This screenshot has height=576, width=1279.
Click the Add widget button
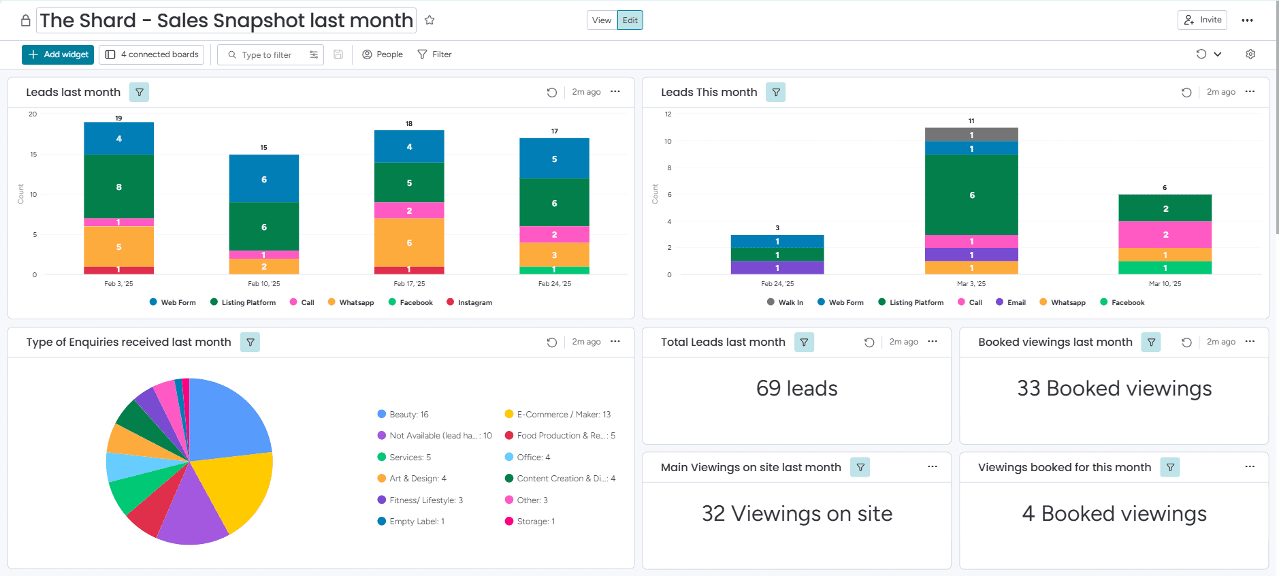(58, 54)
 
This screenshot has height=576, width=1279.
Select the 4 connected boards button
(152, 54)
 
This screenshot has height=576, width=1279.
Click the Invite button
(1202, 20)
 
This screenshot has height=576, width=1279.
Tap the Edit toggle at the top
(630, 20)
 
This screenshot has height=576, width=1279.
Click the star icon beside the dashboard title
(430, 20)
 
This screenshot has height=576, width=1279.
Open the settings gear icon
(1250, 54)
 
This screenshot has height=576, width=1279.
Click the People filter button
(383, 54)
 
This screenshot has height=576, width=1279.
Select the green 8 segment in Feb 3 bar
(119, 187)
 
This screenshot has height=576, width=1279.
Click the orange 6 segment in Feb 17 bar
(409, 242)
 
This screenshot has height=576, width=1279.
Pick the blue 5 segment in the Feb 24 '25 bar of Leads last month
(554, 159)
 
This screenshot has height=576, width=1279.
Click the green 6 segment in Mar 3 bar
(971, 195)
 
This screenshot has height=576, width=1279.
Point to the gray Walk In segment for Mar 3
(971, 135)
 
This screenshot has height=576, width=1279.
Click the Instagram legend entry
(470, 302)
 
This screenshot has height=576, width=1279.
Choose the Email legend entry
(1011, 302)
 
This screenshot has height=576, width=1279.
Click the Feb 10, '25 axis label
(264, 284)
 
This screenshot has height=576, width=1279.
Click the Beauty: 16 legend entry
(403, 414)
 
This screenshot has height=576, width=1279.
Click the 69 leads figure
(796, 388)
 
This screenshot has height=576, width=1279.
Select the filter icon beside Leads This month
(776, 92)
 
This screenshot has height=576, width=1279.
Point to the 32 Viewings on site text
(796, 513)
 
